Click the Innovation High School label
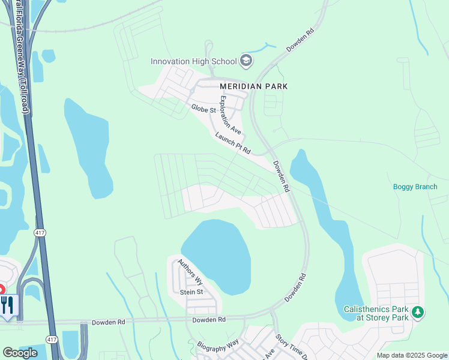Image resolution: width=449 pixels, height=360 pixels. [193, 61]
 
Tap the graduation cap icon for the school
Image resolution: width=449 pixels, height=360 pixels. [246, 60]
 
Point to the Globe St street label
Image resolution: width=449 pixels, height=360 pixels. [203, 109]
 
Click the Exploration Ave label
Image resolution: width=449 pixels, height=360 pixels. [230, 115]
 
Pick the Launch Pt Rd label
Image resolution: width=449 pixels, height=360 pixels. [232, 143]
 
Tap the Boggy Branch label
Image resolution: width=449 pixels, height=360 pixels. [415, 187]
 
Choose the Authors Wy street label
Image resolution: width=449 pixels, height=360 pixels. [191, 272]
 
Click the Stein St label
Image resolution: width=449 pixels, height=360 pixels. [192, 292]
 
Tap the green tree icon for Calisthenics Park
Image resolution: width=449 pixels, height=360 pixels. [418, 312]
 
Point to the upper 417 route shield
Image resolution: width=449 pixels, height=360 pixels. [40, 233]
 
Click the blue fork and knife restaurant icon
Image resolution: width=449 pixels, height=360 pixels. [8, 305]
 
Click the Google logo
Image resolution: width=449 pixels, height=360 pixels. [20, 353]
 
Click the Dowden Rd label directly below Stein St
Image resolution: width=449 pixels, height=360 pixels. [208, 320]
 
